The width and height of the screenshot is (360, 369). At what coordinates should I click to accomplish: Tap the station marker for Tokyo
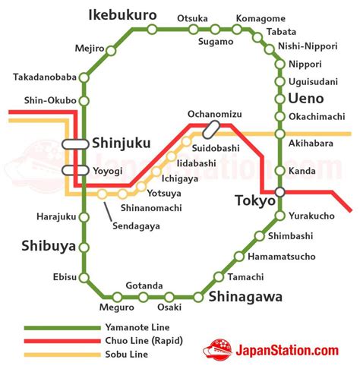[279, 192]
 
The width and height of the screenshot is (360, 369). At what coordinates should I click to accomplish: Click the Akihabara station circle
[279, 134]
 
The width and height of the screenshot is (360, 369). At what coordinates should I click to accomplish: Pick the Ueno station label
[306, 99]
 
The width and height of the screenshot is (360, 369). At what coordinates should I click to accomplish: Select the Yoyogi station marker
[75, 170]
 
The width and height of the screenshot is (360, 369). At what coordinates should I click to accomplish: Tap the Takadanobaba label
[44, 77]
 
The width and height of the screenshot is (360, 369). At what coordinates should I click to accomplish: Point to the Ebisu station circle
[84, 277]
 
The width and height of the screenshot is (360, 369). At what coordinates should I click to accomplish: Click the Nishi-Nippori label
[308, 46]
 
